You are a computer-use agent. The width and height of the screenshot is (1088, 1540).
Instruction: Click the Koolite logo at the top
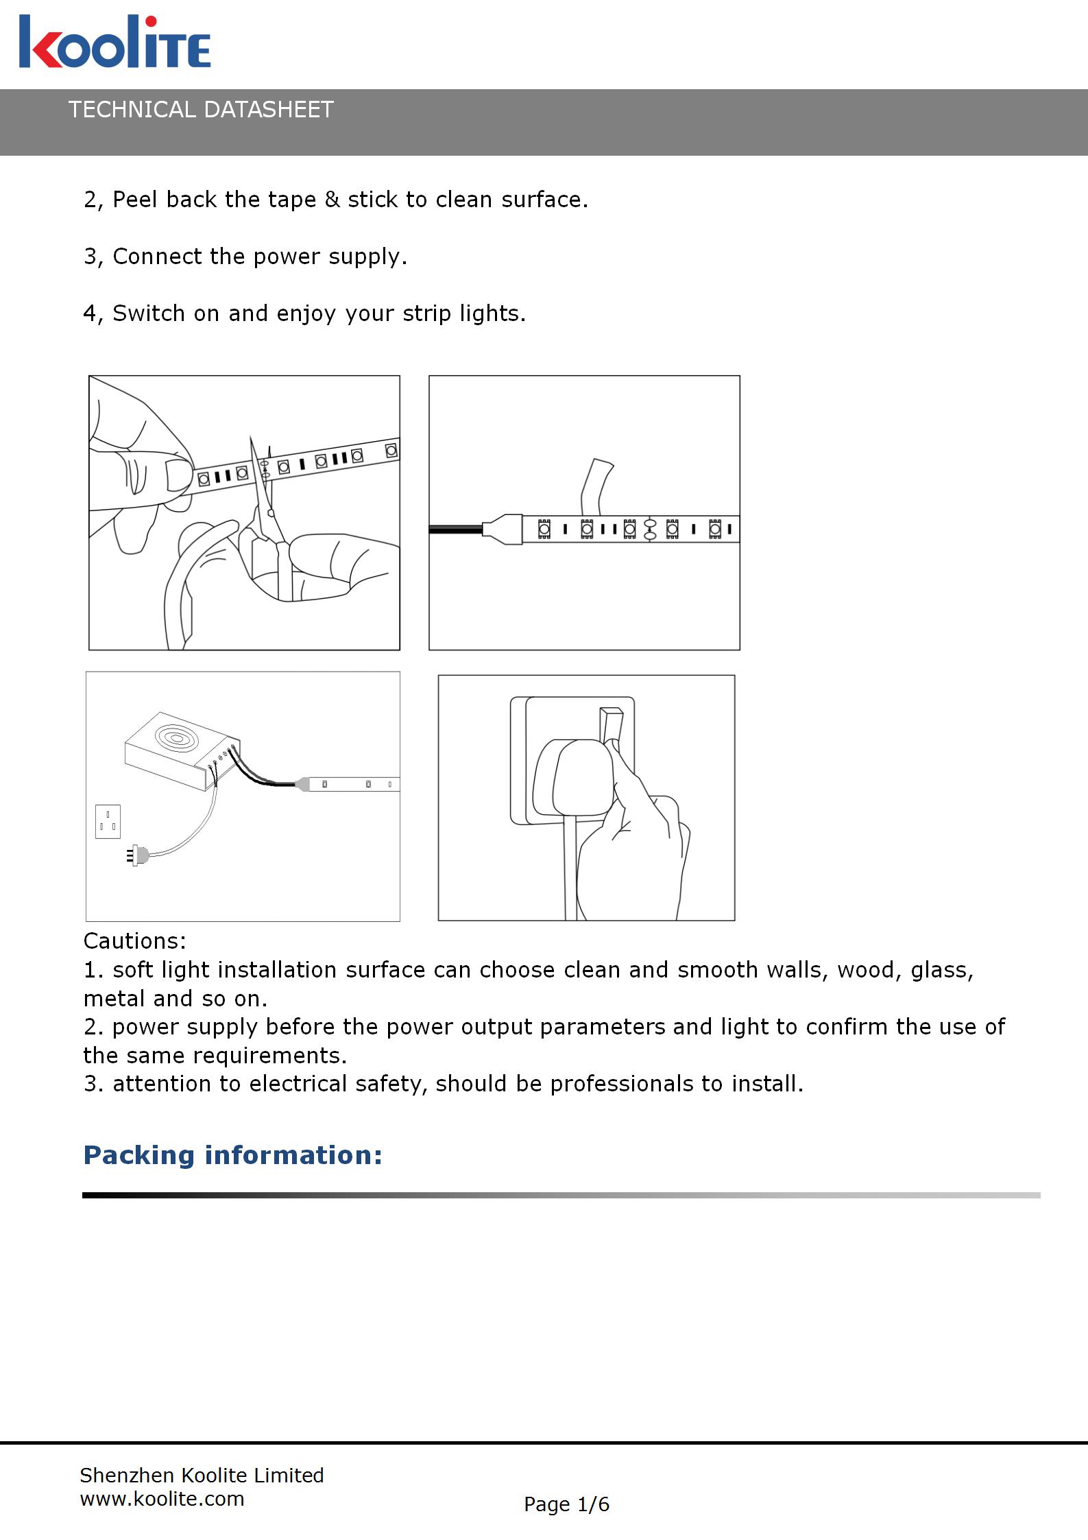click(114, 43)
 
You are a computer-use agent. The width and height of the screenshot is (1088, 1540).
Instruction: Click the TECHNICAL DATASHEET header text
click(201, 110)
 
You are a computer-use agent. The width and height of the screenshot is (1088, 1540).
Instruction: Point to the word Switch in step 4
click(149, 313)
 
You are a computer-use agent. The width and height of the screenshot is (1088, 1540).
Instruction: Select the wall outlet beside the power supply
click(108, 821)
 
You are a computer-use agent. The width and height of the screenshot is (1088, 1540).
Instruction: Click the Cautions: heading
click(135, 940)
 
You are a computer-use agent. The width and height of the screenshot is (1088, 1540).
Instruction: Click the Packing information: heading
click(232, 1155)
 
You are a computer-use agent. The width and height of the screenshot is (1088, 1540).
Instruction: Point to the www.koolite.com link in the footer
click(162, 1499)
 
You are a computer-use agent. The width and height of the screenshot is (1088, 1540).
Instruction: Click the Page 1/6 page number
click(566, 1504)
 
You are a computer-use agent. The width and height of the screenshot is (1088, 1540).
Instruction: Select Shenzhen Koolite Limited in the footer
click(202, 1475)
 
